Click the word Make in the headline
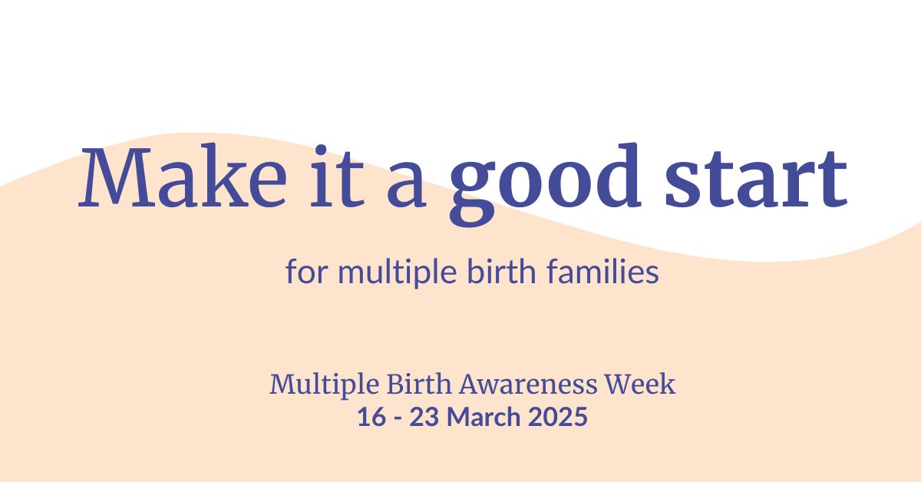click(x=183, y=179)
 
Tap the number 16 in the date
click(x=369, y=417)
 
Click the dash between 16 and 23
click(x=396, y=418)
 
